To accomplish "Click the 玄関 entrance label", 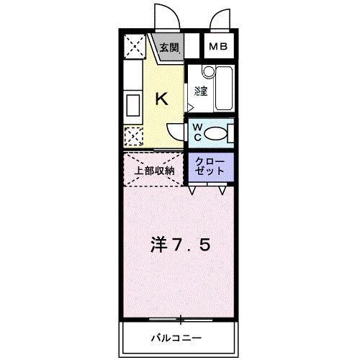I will click(x=170, y=48).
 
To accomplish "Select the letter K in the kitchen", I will click(x=162, y=99).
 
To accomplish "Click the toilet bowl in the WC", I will click(x=219, y=133).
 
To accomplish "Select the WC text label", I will click(x=197, y=132).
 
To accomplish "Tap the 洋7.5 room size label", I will click(x=181, y=245).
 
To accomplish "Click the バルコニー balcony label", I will click(x=176, y=338).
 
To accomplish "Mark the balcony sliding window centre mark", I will click(x=180, y=318).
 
